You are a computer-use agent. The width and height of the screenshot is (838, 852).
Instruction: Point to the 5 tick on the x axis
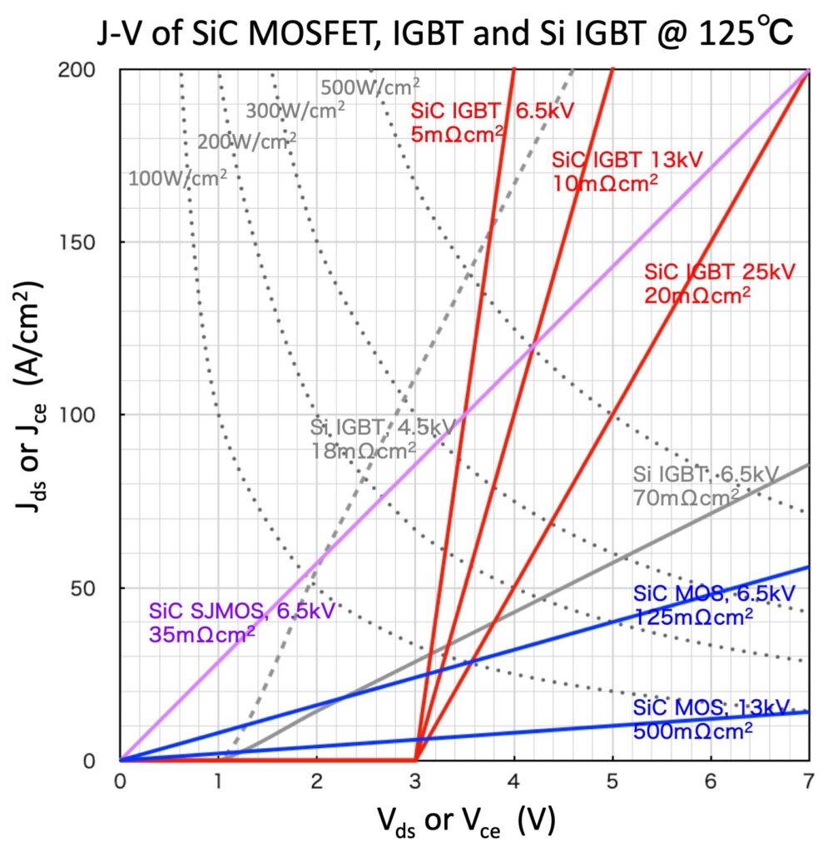612,785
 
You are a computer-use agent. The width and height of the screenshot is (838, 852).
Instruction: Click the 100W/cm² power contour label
177,176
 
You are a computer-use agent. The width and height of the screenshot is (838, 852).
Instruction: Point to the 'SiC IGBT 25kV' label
720,271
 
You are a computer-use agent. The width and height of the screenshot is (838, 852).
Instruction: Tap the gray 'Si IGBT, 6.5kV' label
706,475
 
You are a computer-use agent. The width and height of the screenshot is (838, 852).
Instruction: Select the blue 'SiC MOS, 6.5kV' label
714,594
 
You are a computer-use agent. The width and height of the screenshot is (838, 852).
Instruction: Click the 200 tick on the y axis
92,70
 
